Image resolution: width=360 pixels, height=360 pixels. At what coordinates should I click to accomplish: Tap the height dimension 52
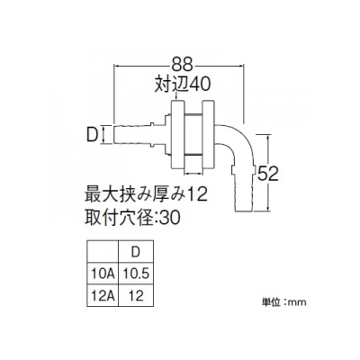268,174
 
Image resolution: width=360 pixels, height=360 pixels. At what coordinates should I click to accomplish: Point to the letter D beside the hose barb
93,136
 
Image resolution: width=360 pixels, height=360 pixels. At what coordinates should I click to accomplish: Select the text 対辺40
182,85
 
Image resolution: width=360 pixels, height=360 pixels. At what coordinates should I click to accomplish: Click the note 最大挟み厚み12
147,194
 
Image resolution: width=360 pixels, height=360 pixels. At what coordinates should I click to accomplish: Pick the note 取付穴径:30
133,217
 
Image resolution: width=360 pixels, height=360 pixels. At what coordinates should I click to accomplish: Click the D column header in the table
136,252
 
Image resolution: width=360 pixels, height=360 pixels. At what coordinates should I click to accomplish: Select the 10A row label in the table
103,274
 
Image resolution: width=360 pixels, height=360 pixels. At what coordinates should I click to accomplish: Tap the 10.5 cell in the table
136,274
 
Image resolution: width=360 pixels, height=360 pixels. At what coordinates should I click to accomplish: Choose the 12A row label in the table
103,296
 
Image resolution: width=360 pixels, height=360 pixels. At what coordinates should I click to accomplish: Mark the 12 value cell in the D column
136,296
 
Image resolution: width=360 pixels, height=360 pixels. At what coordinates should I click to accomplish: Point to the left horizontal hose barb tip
115,136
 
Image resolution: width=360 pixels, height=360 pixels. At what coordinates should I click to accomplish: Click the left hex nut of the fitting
177,134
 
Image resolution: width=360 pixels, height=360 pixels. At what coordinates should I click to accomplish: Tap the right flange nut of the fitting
209,134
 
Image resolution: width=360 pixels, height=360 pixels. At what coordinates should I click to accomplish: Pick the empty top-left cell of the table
103,252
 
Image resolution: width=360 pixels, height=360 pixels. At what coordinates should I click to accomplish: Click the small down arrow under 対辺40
177,96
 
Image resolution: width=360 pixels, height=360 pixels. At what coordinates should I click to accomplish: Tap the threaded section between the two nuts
193,134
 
